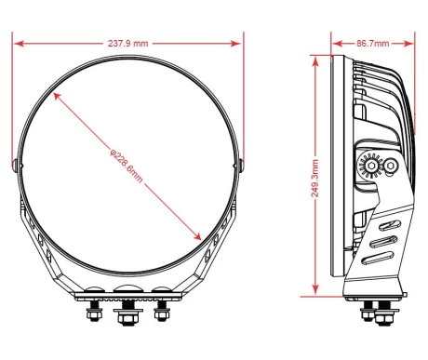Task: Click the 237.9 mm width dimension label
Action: coord(127,44)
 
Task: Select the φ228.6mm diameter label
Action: coord(127,166)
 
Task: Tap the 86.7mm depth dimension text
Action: coord(372,44)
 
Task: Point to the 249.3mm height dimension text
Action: coord(314,179)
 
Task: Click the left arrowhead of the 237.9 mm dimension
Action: coord(19,44)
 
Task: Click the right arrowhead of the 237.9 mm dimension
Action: coord(236,44)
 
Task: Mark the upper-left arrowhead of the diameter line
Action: coord(57,96)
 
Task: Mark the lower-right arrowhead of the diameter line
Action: coord(197,236)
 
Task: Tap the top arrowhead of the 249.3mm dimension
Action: coord(315,61)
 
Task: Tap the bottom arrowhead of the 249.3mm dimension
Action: coord(315,289)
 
